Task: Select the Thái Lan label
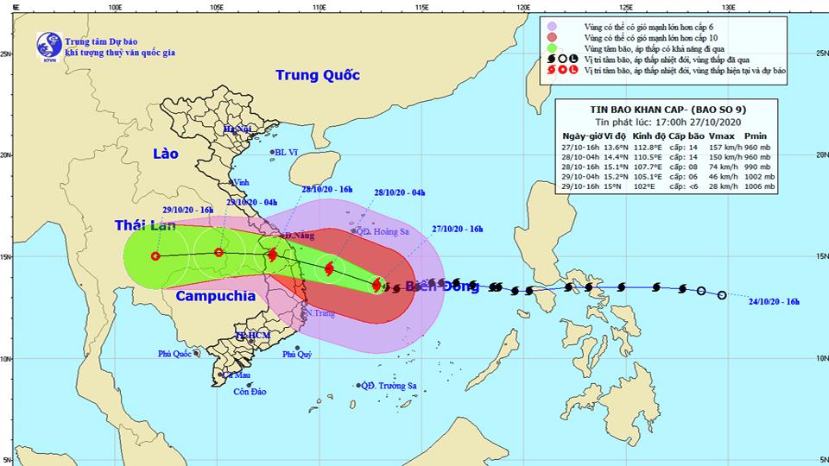146,225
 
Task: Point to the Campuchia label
215,295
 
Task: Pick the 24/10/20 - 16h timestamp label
775,300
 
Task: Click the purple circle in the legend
551,27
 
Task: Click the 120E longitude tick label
522,7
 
